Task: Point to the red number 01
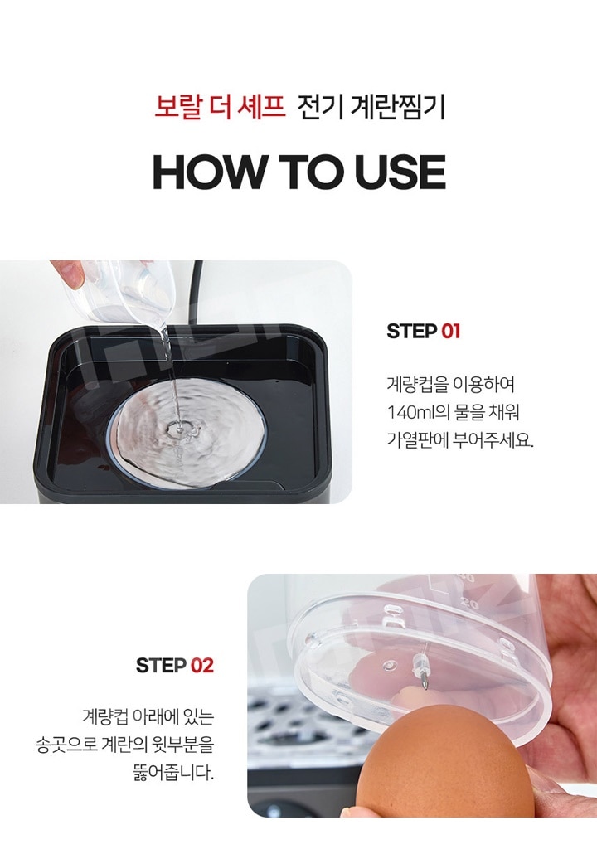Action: [450, 331]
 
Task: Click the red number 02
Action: [202, 665]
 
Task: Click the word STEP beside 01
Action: [412, 331]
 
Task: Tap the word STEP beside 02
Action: [161, 665]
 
